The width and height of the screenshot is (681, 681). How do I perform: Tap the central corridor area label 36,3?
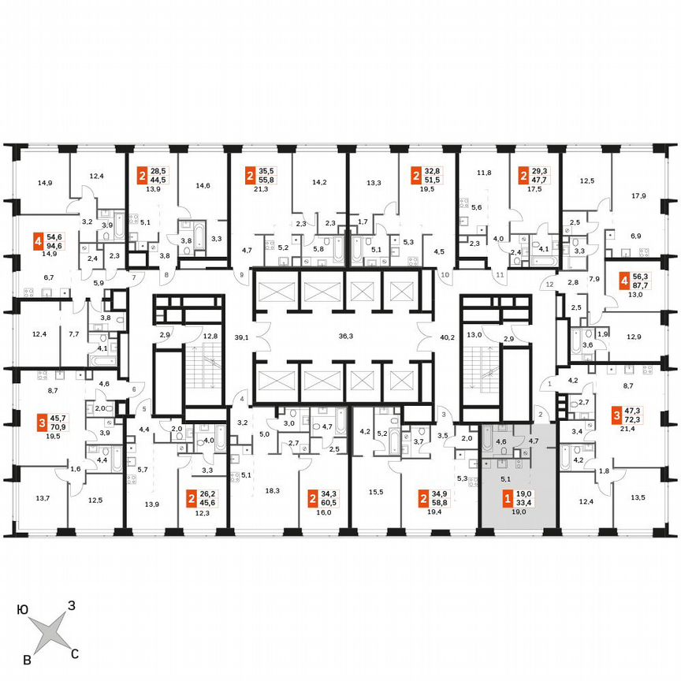pyautogui.click(x=343, y=336)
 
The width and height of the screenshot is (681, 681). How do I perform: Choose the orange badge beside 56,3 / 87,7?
pyautogui.click(x=625, y=282)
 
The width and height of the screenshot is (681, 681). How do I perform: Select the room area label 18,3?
pyautogui.click(x=272, y=490)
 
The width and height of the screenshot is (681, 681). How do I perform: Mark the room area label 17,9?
pyautogui.click(x=638, y=196)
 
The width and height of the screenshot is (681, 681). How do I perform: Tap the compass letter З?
pyautogui.click(x=71, y=605)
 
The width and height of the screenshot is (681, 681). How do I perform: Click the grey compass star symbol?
pyautogui.click(x=49, y=631)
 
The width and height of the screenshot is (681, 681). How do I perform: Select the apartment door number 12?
pyautogui.click(x=550, y=284)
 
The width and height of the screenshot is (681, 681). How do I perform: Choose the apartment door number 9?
pyautogui.click(x=242, y=274)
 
